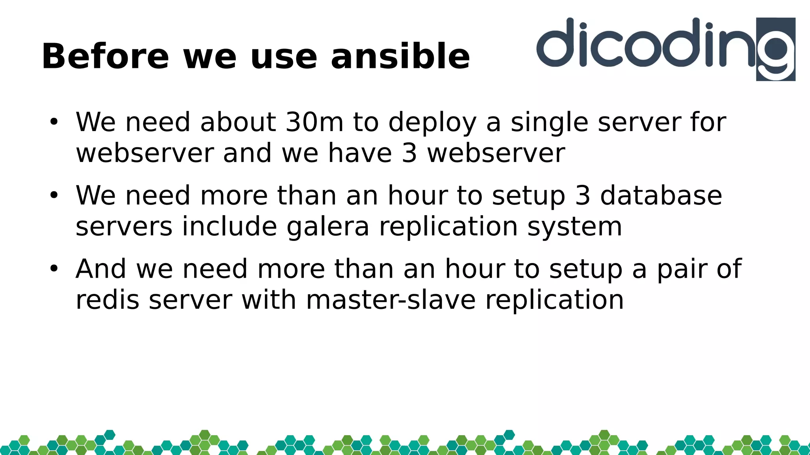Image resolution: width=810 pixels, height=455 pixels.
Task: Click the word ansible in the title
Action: click(x=400, y=56)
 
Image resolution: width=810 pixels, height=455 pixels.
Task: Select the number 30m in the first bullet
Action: click(x=314, y=122)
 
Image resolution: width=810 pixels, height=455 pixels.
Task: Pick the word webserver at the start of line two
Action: click(x=145, y=153)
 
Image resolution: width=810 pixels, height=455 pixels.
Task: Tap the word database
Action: click(x=661, y=196)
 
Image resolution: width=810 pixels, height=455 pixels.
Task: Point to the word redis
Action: click(x=108, y=300)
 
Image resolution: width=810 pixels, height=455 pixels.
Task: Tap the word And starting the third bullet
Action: click(x=101, y=269)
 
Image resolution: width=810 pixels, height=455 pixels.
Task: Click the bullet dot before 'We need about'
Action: click(x=54, y=122)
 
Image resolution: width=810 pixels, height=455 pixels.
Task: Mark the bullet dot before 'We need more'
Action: click(x=54, y=195)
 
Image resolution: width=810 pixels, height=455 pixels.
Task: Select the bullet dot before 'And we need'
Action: click(x=54, y=269)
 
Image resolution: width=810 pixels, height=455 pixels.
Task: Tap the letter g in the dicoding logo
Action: click(x=776, y=50)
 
